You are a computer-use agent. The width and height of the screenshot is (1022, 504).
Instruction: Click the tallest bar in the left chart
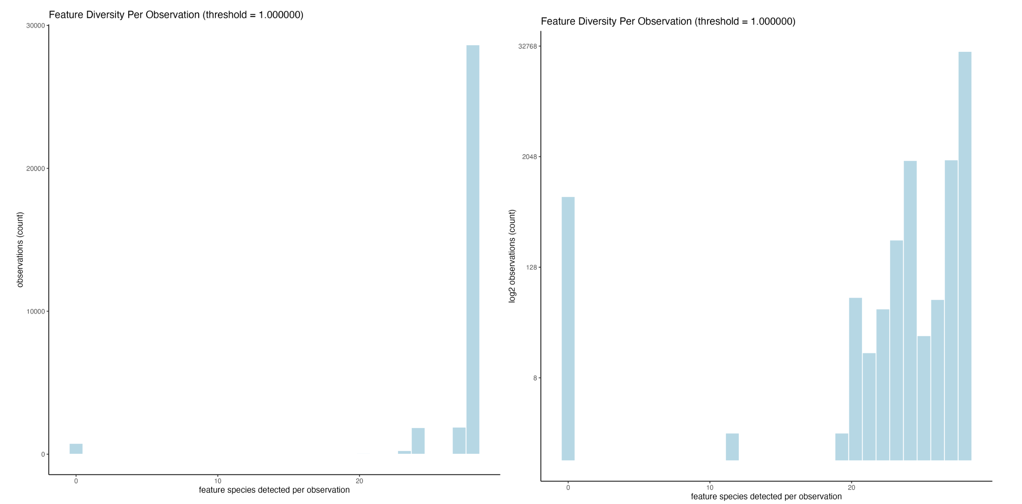coord(472,249)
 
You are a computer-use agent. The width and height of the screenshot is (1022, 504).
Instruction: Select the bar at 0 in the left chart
coord(76,449)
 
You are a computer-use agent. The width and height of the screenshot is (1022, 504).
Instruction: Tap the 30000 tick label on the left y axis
coord(35,25)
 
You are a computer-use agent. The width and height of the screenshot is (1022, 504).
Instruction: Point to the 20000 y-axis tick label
coord(35,169)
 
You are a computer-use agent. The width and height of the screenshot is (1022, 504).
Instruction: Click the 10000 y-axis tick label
coord(35,312)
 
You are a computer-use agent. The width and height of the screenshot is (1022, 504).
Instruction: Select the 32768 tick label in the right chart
coord(527,46)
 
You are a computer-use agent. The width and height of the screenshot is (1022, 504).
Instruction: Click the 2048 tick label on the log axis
coord(529,157)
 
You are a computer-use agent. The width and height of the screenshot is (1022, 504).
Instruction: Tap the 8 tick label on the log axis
coord(535,378)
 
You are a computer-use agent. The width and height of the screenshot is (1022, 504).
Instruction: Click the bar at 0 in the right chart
coord(568,328)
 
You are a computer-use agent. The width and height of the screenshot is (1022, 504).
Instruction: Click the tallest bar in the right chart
coord(964,256)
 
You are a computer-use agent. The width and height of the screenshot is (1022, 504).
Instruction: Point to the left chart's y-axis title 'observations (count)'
coord(20,250)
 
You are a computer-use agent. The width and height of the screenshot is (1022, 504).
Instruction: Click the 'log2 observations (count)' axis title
coord(512,256)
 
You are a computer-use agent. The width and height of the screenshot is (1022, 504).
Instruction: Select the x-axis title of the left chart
coord(274,490)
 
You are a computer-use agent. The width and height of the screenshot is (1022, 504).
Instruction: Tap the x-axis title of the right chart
coord(766,497)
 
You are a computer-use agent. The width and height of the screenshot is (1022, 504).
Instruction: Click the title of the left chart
coord(176,15)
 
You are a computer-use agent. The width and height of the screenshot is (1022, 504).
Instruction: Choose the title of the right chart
coord(668,21)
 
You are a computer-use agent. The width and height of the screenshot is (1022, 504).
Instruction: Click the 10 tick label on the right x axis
coord(710,488)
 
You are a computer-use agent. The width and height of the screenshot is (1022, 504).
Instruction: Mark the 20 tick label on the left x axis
coord(359,481)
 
